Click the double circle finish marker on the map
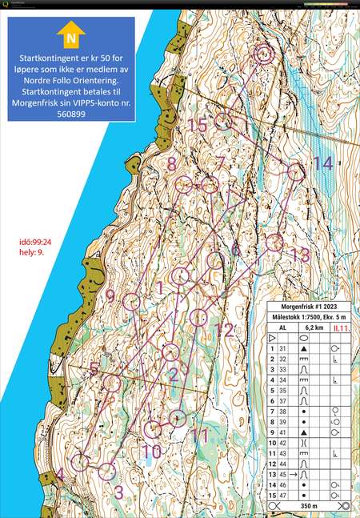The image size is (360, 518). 263,54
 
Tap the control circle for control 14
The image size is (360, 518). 295,171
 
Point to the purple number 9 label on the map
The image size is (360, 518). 111,298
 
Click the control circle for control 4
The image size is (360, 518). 79,462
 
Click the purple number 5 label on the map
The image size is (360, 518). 95,369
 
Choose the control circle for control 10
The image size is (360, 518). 152,429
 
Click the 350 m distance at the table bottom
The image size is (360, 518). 308,507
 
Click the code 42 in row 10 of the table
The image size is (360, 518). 282,441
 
